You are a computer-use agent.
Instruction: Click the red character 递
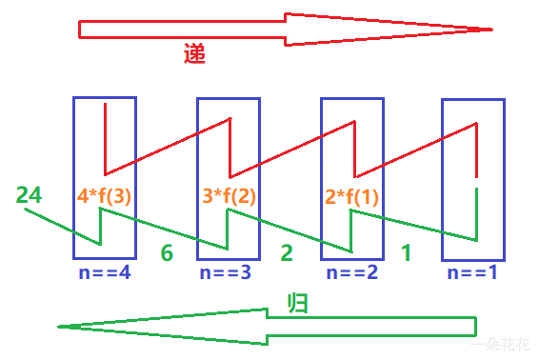click(x=194, y=54)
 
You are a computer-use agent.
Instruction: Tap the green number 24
click(x=29, y=195)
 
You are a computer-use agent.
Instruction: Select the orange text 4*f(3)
click(x=104, y=197)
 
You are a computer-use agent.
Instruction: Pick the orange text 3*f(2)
click(x=230, y=197)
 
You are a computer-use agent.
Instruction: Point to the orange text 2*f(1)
click(x=351, y=197)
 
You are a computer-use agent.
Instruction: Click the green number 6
click(x=167, y=253)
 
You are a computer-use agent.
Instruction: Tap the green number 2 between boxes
click(x=287, y=253)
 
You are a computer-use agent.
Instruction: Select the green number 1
click(x=407, y=253)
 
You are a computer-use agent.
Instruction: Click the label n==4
click(x=105, y=272)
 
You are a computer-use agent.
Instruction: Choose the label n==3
click(x=229, y=272)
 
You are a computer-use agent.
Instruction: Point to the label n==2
click(x=351, y=272)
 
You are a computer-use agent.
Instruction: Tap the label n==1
click(x=473, y=272)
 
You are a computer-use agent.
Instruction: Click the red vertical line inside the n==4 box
click(x=105, y=138)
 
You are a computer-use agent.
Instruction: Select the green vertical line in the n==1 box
click(x=475, y=214)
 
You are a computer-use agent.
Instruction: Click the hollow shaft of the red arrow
click(x=181, y=29)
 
